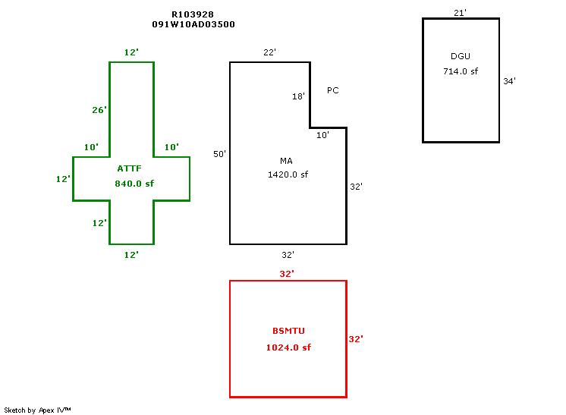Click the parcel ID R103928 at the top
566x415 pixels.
click(193, 14)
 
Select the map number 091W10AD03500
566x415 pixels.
click(193, 24)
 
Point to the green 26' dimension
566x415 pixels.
click(99, 110)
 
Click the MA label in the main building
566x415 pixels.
click(286, 161)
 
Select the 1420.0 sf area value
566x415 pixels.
click(288, 174)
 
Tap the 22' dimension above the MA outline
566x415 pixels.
click(269, 52)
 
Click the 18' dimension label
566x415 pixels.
click(298, 96)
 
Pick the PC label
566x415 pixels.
click(332, 90)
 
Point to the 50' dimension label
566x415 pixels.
click(219, 154)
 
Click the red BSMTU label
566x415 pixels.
click(288, 331)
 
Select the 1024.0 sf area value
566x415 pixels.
click(288, 347)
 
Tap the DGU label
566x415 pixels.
click(461, 56)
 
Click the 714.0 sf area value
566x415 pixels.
click(461, 71)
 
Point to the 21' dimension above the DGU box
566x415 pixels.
click(460, 13)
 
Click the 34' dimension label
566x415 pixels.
click(509, 81)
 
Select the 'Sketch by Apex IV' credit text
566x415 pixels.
click(38, 410)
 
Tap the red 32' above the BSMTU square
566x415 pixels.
click(287, 274)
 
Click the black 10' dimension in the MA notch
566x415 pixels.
click(322, 135)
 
